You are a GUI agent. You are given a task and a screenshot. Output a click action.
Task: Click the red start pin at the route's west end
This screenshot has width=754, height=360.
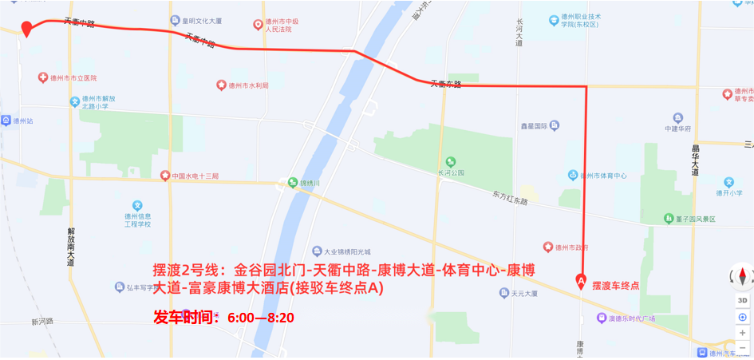[x=26, y=29]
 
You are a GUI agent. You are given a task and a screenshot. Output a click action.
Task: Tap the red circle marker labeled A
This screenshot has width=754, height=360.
[x=580, y=281]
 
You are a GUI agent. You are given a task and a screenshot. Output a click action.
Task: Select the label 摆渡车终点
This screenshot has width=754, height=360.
[x=615, y=286]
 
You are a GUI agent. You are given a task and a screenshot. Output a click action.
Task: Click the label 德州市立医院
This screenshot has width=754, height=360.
[x=73, y=78]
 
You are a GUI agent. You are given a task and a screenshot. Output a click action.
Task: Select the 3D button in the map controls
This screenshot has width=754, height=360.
[x=742, y=300]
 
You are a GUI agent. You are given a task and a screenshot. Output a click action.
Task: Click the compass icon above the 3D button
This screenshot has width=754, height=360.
[x=742, y=277]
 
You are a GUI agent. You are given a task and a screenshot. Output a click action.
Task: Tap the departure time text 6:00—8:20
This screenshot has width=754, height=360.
[x=261, y=318]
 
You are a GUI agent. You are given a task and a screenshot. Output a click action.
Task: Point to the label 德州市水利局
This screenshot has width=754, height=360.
[x=248, y=85]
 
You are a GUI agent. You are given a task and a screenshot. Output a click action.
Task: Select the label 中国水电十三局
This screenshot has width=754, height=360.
[x=195, y=176]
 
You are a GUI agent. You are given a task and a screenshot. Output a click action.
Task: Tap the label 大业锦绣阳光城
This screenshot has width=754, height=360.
[x=346, y=251]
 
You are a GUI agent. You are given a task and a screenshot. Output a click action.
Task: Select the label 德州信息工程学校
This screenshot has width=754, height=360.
[x=134, y=220]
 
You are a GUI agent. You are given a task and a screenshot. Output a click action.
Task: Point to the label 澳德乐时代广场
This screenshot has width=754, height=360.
[x=631, y=318]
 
